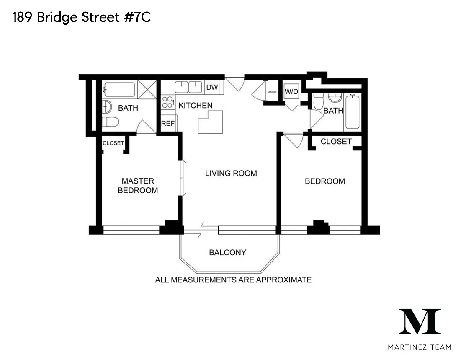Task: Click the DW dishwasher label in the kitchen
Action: [212, 87]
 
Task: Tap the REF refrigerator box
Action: [168, 123]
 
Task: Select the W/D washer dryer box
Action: [291, 91]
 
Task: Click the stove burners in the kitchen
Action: [168, 102]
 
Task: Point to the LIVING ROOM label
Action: [231, 173]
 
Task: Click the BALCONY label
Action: [228, 252]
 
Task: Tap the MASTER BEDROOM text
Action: [138, 186]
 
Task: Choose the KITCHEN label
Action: [195, 105]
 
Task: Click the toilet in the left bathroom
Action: [111, 122]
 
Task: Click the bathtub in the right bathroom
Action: [353, 112]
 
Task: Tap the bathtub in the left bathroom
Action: [119, 89]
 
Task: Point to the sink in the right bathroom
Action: [335, 98]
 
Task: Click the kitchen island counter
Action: [211, 122]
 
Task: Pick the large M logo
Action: [420, 321]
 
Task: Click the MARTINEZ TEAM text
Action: [420, 347]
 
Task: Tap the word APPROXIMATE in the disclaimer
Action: [284, 280]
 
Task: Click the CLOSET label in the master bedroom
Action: [113, 143]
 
